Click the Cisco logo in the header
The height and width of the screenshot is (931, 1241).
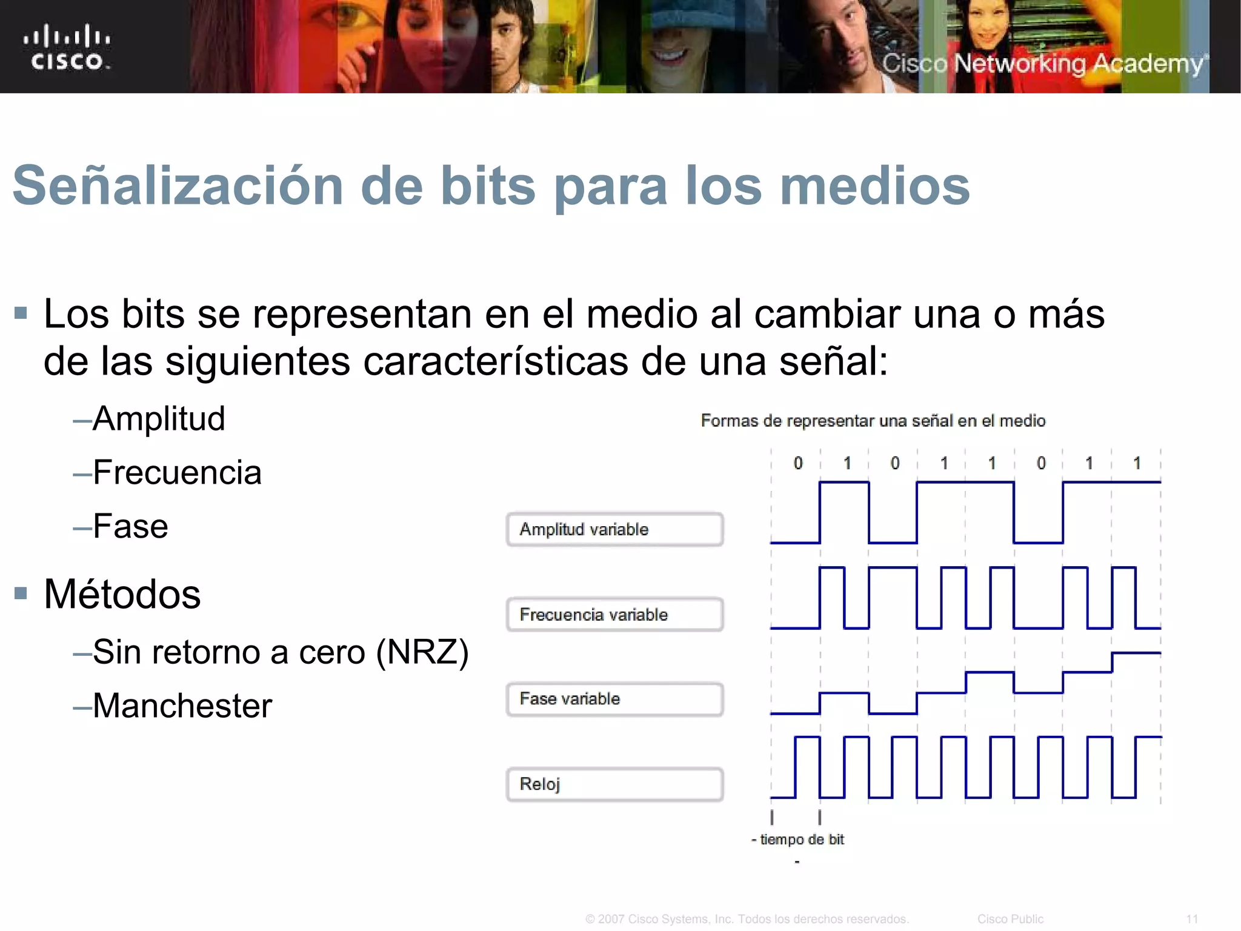pos(67,47)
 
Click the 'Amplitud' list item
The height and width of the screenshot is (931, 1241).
pos(159,419)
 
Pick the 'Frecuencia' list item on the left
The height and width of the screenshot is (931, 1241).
pos(177,472)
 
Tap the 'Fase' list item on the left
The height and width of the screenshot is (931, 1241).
pos(130,526)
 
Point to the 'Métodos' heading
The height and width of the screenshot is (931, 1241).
pos(122,594)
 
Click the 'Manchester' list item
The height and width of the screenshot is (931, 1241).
pos(182,706)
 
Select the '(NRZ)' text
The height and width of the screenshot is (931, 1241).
pos(422,652)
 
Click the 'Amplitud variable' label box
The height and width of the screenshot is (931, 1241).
pos(614,529)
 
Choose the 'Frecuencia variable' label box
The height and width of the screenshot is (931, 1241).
pos(614,615)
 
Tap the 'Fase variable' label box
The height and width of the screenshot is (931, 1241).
pos(614,699)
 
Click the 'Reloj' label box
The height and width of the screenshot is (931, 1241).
pos(614,784)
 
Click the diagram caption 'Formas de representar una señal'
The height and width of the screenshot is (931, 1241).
pos(873,421)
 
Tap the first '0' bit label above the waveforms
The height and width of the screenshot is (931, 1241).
pos(798,464)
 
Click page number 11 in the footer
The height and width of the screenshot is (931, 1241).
pos(1192,919)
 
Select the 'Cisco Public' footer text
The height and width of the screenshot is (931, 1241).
pos(1010,919)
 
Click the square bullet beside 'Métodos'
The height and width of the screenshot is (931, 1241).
pos(21,593)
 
